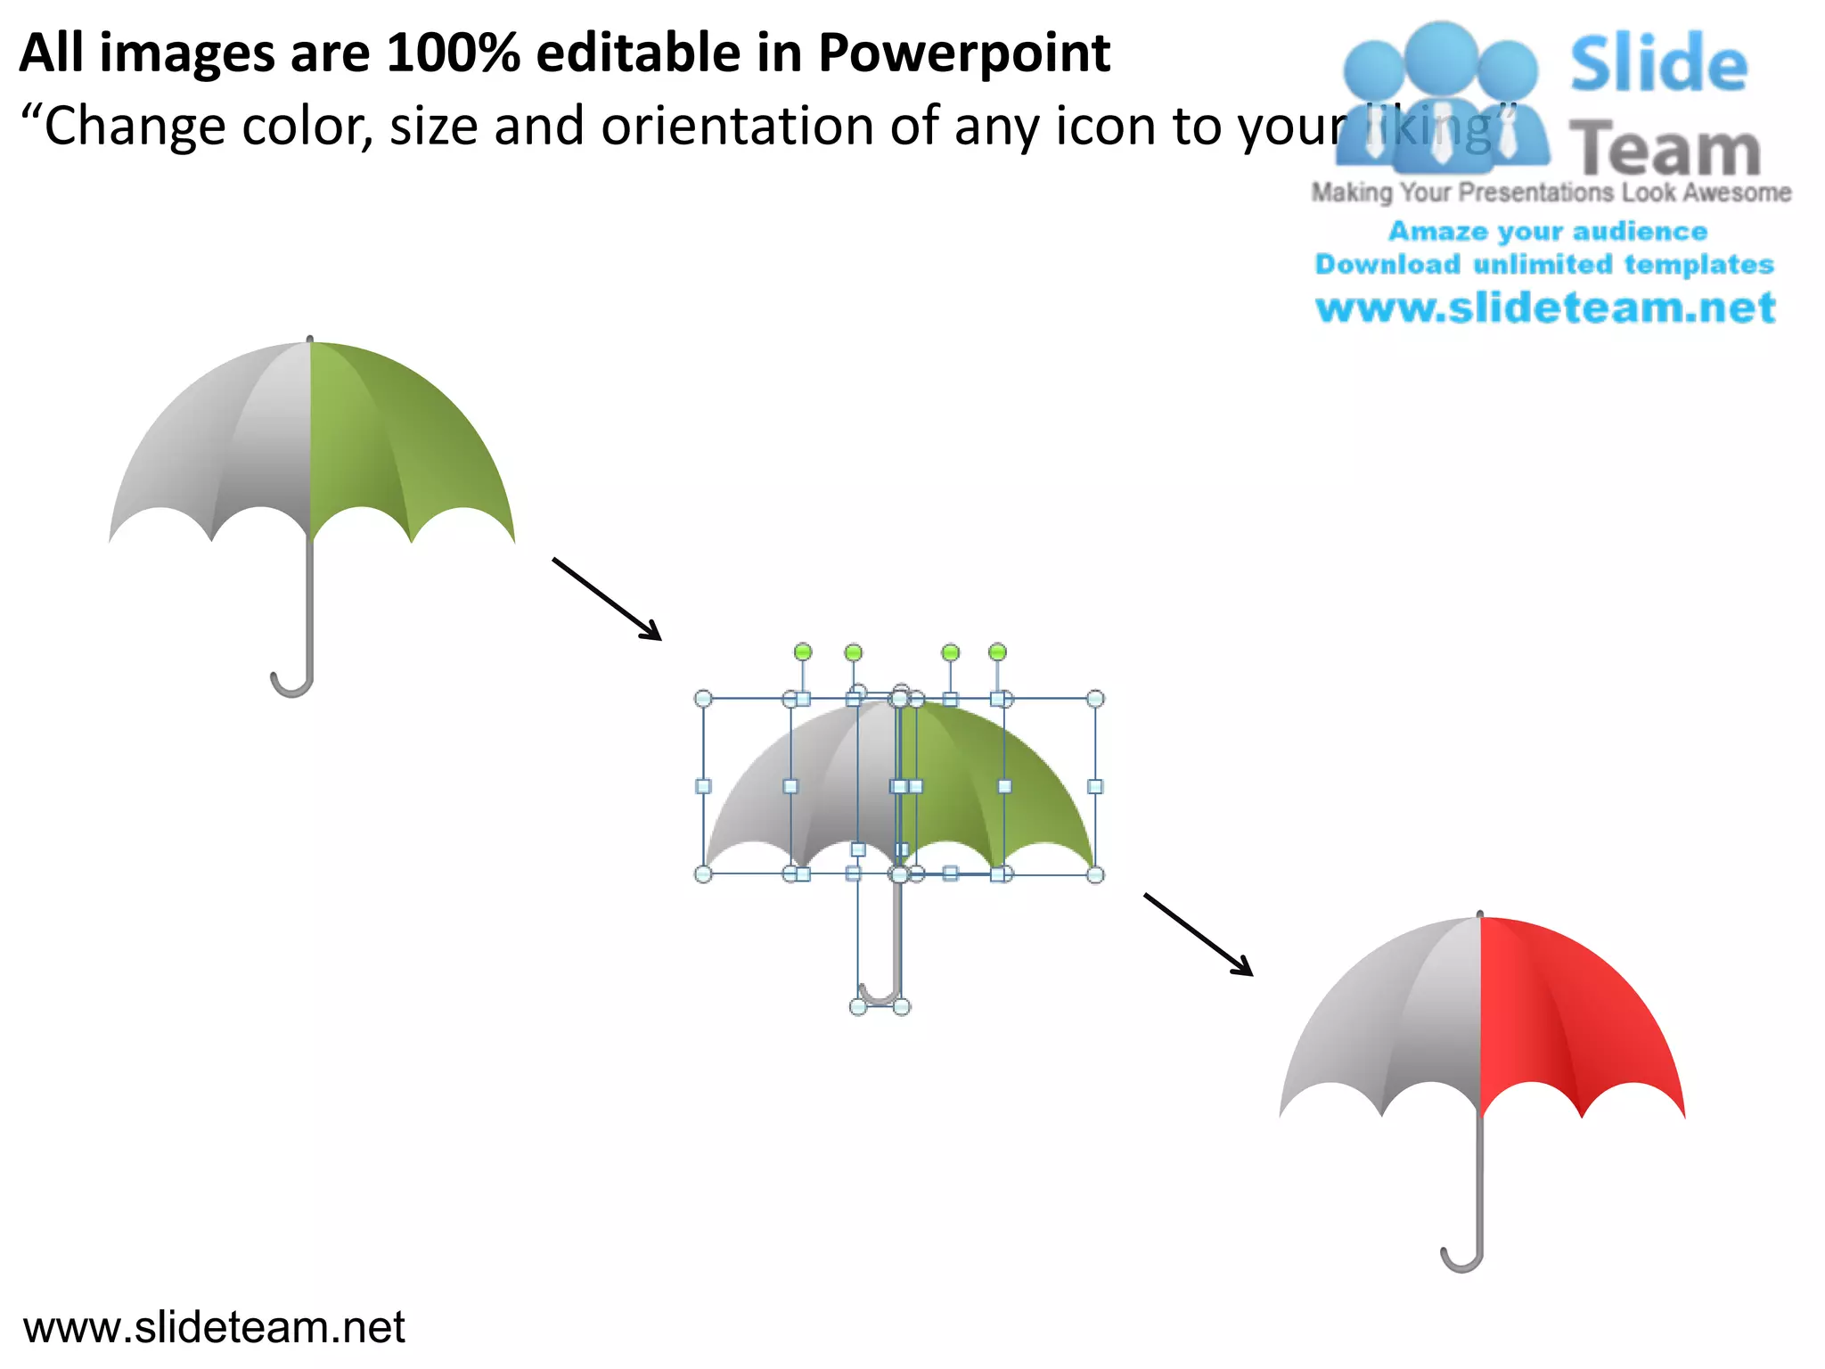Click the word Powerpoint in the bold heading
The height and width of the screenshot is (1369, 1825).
(963, 53)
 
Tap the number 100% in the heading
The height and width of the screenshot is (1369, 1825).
(453, 53)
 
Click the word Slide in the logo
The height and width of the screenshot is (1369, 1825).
(1658, 64)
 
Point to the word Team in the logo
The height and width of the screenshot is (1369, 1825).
(1665, 150)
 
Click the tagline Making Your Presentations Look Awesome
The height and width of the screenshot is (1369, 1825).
(1551, 193)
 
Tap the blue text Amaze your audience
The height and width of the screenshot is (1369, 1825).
(1547, 232)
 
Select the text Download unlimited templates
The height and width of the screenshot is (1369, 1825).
(1544, 265)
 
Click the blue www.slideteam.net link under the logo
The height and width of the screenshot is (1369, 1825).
(1545, 308)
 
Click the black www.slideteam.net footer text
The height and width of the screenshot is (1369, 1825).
(214, 1327)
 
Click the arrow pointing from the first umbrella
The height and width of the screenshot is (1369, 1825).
(607, 599)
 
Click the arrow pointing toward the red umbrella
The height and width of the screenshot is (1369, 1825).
(1199, 935)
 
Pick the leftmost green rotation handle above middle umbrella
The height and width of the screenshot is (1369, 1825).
(803, 652)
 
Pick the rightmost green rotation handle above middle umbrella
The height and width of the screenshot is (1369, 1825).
(997, 652)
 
